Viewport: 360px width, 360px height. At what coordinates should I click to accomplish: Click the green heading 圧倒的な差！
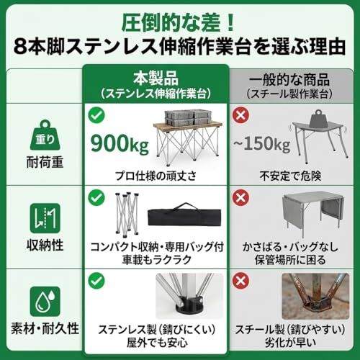(178, 23)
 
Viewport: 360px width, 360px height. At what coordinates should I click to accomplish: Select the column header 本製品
(156, 78)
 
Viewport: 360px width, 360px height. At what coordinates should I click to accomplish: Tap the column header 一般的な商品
(289, 80)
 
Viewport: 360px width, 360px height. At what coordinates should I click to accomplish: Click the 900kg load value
(120, 143)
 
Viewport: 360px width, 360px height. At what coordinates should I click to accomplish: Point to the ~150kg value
(262, 144)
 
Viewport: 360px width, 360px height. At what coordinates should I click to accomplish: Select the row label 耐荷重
(45, 162)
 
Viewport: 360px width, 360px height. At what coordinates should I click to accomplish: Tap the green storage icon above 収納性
(45, 218)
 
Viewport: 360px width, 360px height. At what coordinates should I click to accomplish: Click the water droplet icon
(45, 302)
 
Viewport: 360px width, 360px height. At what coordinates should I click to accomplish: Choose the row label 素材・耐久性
(45, 328)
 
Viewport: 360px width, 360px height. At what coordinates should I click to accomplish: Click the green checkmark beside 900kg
(96, 115)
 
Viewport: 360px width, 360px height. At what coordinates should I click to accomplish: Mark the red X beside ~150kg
(240, 115)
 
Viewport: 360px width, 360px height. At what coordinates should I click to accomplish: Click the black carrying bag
(184, 215)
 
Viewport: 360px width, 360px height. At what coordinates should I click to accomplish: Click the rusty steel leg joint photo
(315, 296)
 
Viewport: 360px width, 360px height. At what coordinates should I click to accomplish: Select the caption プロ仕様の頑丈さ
(156, 176)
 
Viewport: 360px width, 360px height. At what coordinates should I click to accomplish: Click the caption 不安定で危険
(290, 176)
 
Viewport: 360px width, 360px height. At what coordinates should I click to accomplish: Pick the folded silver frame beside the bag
(127, 213)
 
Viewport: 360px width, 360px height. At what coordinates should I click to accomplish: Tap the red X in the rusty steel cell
(240, 281)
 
